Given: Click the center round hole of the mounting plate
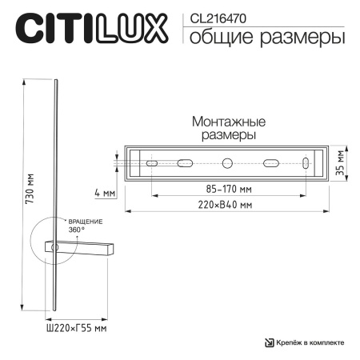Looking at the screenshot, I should point(227,164).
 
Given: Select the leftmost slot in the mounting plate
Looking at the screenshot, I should point(150,164).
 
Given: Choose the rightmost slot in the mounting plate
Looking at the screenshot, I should point(305,164).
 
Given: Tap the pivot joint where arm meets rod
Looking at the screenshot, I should point(54,249).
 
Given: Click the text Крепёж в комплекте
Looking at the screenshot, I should point(311,342).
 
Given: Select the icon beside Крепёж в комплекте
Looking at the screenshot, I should point(269,342).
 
